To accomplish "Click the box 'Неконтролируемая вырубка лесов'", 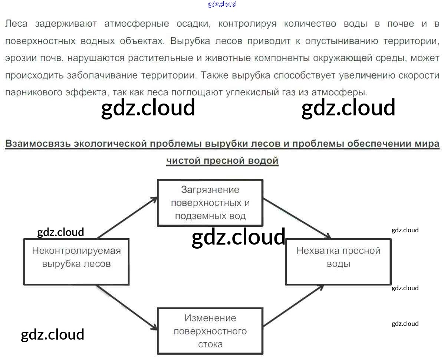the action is pos(76,262).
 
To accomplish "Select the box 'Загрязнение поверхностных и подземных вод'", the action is pos(210,203).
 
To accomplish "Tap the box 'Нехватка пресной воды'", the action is pos(338,262).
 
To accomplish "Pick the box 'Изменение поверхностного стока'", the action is pos(210,331).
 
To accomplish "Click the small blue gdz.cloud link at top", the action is pos(222,4).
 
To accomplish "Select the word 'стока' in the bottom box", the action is pos(210,344).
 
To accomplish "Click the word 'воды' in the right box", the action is pos(338,264).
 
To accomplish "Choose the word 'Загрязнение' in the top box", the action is pos(210,190).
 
